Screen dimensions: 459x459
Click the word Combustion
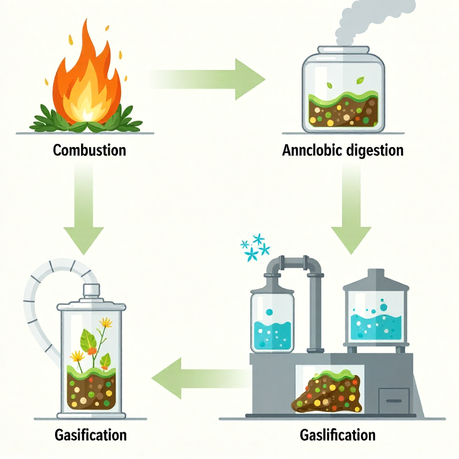[x=89, y=150]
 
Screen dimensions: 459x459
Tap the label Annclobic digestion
[x=343, y=150]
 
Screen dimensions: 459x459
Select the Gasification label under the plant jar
[x=91, y=435]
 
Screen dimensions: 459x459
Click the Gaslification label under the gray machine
[x=338, y=435]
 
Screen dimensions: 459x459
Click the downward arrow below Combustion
[x=84, y=208]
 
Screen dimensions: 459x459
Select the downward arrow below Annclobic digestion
[x=351, y=208]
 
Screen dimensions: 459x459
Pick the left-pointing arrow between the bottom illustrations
[x=202, y=378]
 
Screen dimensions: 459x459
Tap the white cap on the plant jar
[x=91, y=290]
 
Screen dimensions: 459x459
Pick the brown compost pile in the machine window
[x=328, y=392]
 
